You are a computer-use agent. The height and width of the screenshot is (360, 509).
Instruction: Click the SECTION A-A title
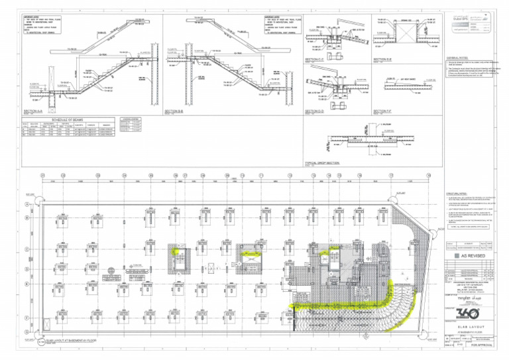pyautogui.click(x=33, y=111)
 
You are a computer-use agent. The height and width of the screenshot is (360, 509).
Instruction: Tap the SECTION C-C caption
pyautogui.click(x=315, y=60)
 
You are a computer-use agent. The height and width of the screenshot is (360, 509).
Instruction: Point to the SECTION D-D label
pyautogui.click(x=315, y=111)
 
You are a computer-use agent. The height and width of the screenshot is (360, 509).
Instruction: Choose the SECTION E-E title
pyautogui.click(x=384, y=60)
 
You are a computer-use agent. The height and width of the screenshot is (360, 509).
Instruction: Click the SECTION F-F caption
pyautogui.click(x=384, y=111)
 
